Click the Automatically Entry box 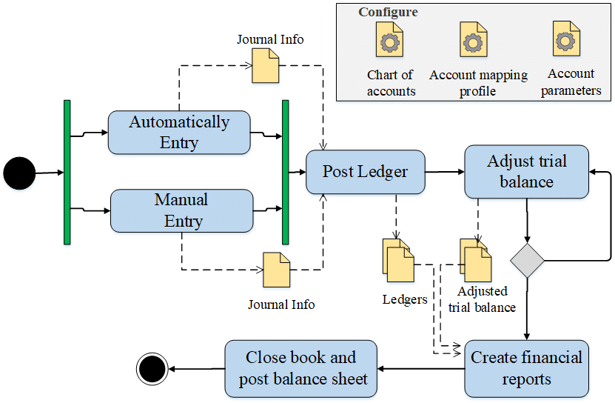pos(179,133)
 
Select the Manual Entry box pos(182,210)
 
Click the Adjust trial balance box pos(526,172)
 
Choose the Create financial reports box pos(526,368)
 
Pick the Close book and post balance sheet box pos(301,368)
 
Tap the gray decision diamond pos(527,260)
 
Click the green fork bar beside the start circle pos(67,172)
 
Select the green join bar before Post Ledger pos(285,172)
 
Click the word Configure pos(388,12)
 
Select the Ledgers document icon pos(398,261)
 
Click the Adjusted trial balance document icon pos(476,261)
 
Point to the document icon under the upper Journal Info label pos(266,66)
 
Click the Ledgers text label pos(404,299)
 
